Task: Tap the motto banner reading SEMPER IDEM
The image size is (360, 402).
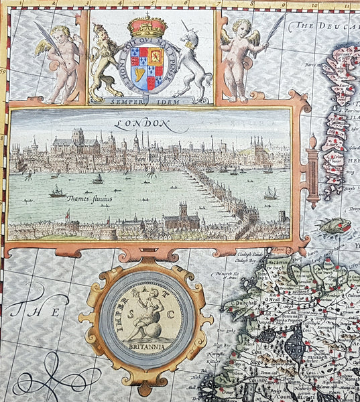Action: click(149, 100)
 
